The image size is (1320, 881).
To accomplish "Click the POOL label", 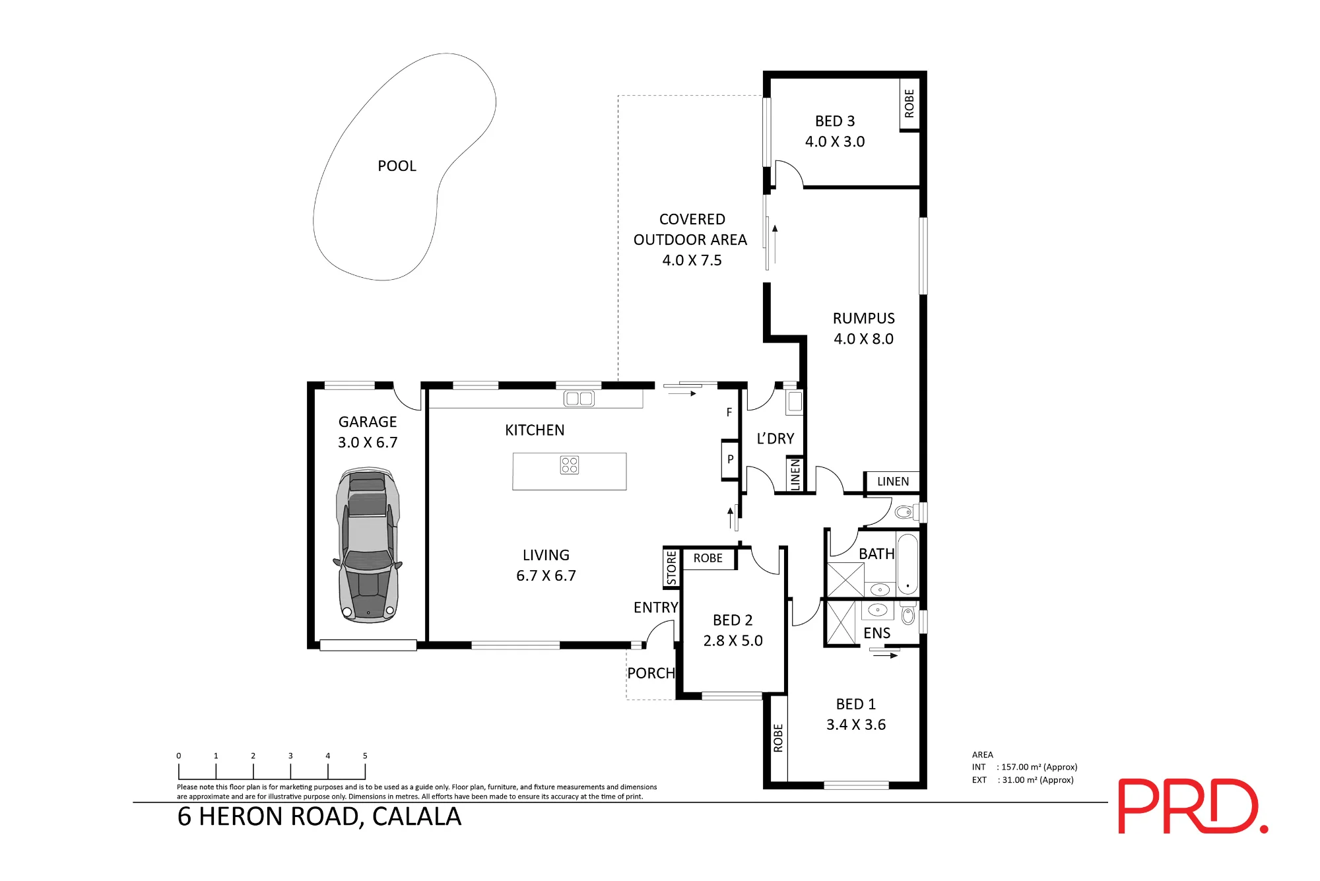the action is (x=397, y=166).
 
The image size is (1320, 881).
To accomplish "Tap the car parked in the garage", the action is (x=368, y=545).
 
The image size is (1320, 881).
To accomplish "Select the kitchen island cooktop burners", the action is (x=570, y=465).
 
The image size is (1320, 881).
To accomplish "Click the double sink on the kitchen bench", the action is (x=579, y=398).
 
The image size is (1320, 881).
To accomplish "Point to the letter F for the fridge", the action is (x=729, y=412).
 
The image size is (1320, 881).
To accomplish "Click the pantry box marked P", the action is (x=730, y=459).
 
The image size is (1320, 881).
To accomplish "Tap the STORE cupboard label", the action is (x=671, y=568).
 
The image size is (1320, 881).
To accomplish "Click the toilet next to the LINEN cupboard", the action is (x=906, y=512).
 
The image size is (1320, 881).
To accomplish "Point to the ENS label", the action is (x=876, y=634).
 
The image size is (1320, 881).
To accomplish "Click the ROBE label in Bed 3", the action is (x=909, y=104).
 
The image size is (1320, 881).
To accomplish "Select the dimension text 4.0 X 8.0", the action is (x=863, y=339).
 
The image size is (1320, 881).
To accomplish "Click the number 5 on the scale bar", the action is (x=365, y=756).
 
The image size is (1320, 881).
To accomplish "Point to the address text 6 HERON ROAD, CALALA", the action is (x=319, y=817).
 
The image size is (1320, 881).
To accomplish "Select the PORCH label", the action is (x=651, y=673).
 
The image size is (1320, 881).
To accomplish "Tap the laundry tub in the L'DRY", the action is (x=794, y=402).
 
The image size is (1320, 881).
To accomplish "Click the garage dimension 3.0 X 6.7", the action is (x=368, y=442).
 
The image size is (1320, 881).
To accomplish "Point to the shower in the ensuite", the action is (x=841, y=622).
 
